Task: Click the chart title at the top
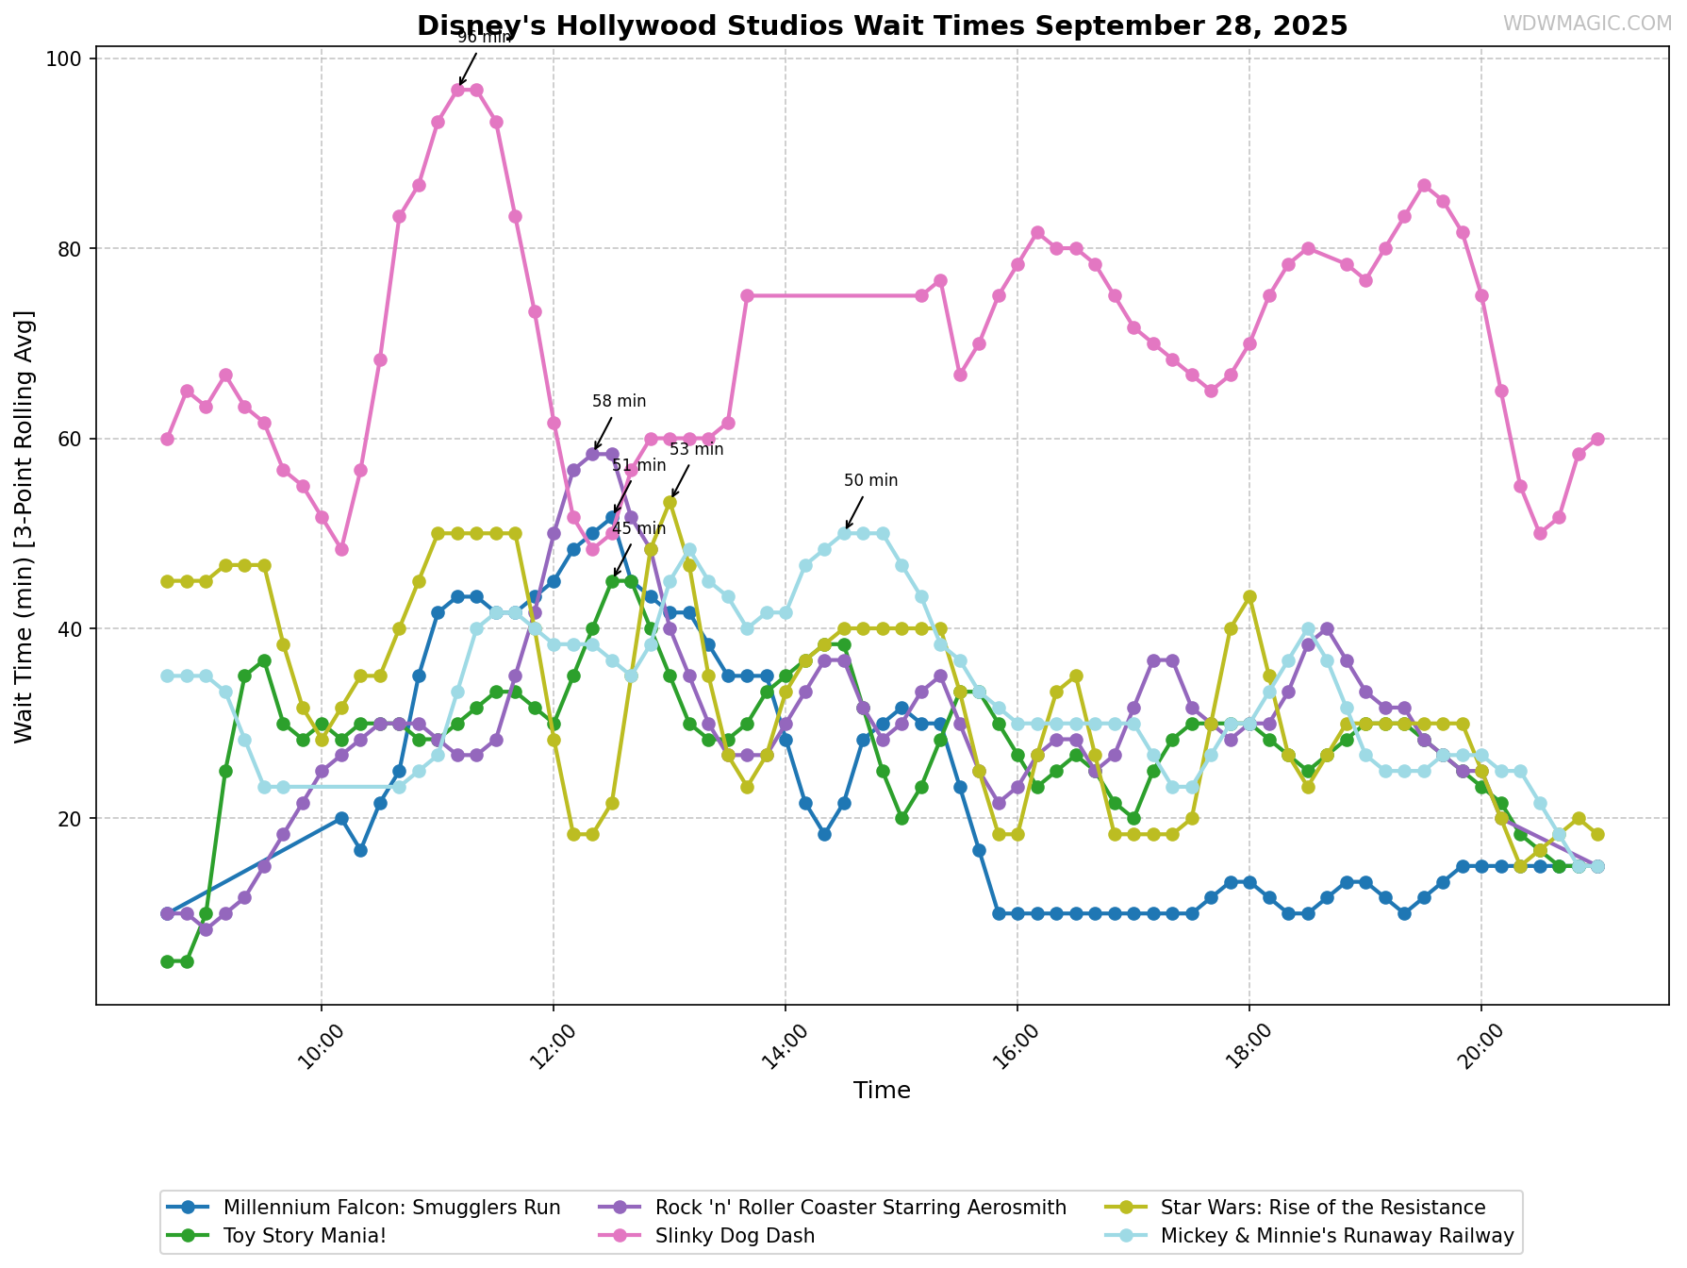(x=882, y=25)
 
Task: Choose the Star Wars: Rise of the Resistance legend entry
(x=1323, y=1208)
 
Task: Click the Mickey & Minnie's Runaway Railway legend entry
(x=1337, y=1236)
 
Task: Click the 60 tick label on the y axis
(x=72, y=440)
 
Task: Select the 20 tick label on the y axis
(x=72, y=819)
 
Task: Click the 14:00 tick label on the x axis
(x=785, y=1046)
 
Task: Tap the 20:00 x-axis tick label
(x=1480, y=1046)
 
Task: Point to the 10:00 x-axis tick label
(x=321, y=1046)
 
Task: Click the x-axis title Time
(x=882, y=1091)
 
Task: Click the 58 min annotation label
(x=619, y=401)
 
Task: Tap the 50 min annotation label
(x=870, y=480)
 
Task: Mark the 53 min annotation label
(x=696, y=449)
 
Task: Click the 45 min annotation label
(x=638, y=528)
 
